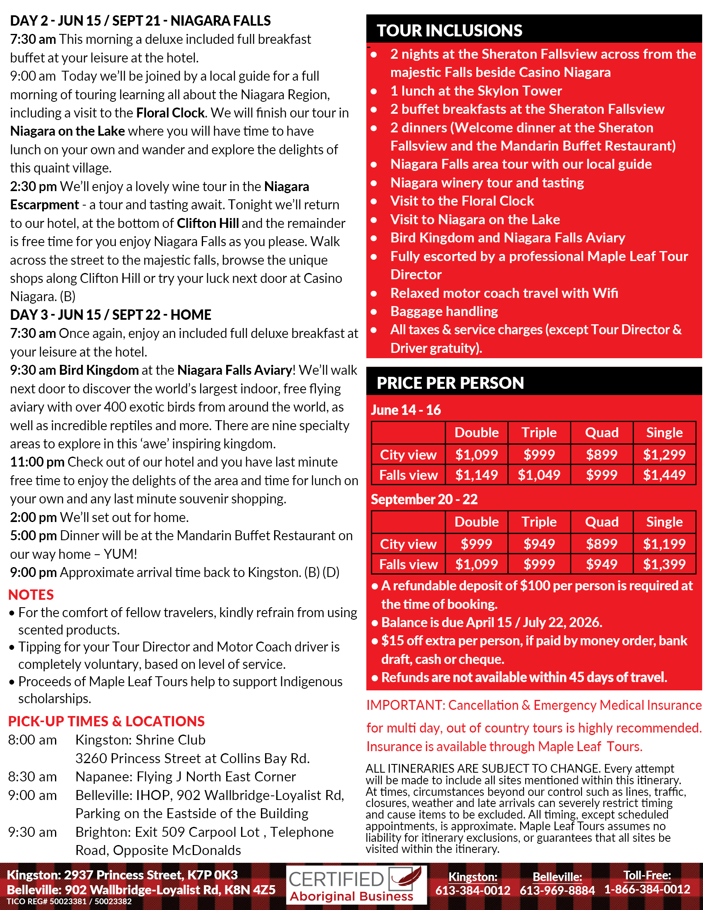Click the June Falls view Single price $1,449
tap(664, 474)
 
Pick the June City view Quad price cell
tap(601, 455)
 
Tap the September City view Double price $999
tap(476, 544)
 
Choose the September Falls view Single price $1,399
tap(664, 564)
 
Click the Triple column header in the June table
tap(539, 433)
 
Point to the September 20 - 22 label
tap(424, 499)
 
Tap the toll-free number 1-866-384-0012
tap(647, 890)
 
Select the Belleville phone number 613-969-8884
tap(557, 891)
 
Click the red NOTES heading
tap(31, 594)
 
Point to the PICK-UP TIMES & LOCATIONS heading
tap(106, 721)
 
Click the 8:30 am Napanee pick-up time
tap(33, 777)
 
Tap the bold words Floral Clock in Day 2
tap(170, 113)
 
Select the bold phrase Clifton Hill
tap(208, 223)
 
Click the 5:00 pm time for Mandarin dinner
tap(33, 535)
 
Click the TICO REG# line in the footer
tap(69, 902)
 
